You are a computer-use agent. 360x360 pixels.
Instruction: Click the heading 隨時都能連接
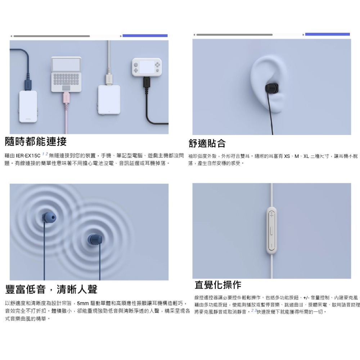35,141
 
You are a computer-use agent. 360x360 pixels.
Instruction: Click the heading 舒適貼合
207,143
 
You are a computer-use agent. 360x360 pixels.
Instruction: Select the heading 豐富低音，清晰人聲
51,289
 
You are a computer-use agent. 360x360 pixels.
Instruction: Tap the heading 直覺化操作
217,285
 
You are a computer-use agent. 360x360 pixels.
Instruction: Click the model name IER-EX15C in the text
28,156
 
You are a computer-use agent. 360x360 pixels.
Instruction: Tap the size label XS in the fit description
287,156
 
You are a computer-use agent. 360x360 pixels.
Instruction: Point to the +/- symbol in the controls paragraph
306,298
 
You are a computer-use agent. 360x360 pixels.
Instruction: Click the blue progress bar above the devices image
145,36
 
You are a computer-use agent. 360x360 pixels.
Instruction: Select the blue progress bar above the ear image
327,34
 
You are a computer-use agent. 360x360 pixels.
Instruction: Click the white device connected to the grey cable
109,99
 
